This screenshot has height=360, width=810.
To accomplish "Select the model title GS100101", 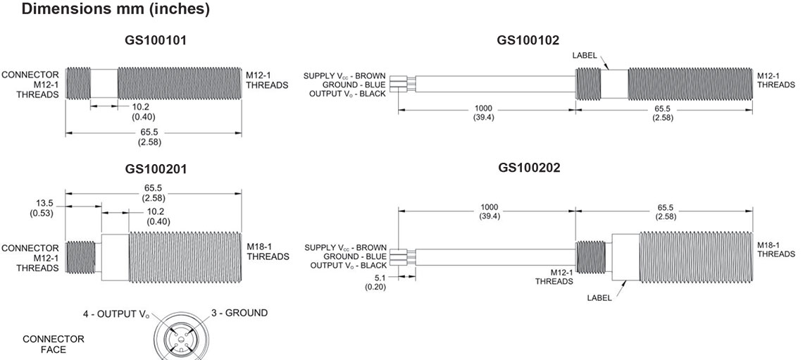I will [156, 41].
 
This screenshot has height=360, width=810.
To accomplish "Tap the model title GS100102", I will [528, 40].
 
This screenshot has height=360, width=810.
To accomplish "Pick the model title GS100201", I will [156, 169].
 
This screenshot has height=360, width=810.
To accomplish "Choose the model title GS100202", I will [529, 168].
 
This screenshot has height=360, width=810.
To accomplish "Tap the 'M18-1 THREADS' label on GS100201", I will [268, 252].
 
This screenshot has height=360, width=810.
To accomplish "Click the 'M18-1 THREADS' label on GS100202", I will [776, 249].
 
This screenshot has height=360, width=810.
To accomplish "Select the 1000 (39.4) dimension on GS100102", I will [484, 112].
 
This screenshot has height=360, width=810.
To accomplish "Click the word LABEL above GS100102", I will [585, 55].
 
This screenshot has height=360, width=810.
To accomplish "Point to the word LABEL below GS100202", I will [599, 297].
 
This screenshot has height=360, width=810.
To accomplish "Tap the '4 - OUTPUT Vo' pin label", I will [117, 314].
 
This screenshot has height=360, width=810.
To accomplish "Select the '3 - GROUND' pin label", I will [239, 313].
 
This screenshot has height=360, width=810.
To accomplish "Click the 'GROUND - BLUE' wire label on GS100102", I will [354, 85].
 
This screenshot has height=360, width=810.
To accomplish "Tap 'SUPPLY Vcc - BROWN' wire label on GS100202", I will [345, 248].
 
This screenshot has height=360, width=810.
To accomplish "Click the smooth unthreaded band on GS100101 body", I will [104, 83].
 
